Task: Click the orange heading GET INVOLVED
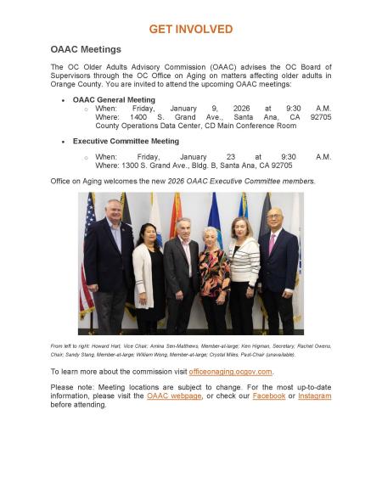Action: tap(190, 29)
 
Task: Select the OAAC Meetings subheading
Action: tap(86, 50)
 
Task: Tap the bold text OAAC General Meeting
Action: tap(114, 100)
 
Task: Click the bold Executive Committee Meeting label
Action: tap(126, 141)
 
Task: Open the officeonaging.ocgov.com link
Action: tap(230, 372)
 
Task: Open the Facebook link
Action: tap(268, 396)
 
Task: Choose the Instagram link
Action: tap(314, 396)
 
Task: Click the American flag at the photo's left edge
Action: tap(86, 255)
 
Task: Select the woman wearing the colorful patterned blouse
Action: tap(212, 276)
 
